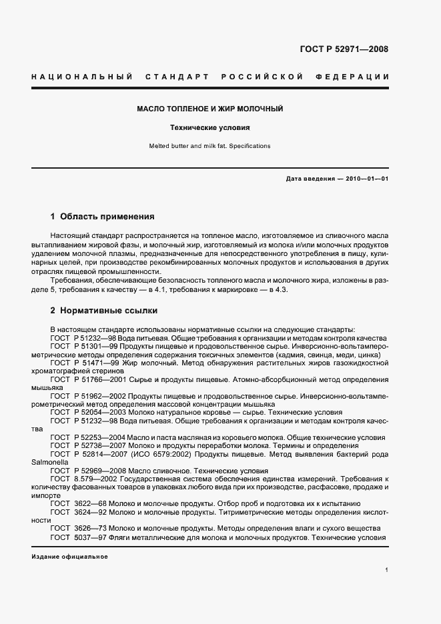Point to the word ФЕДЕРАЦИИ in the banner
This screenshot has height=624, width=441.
point(357,77)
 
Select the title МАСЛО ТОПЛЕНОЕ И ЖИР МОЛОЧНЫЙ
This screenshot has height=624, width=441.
point(210,108)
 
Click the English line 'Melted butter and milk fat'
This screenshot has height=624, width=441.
point(210,145)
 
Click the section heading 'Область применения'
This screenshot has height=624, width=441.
point(107,217)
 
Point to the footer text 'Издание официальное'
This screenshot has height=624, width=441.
point(69,557)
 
